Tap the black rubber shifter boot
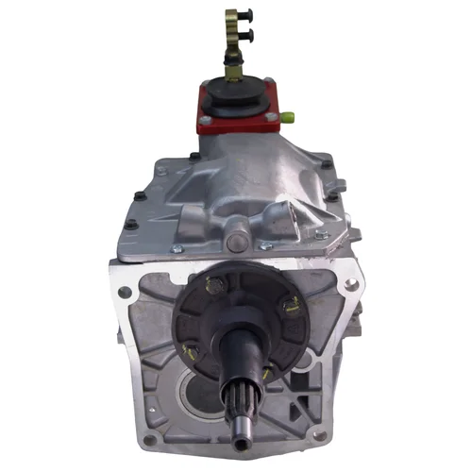coord(237,95)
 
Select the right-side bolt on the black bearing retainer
coord(295,304)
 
